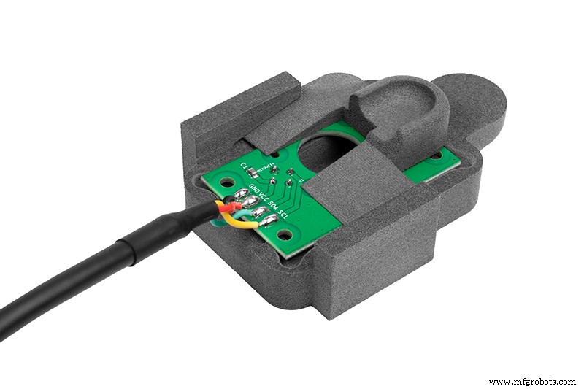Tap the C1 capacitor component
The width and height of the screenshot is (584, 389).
point(253,172)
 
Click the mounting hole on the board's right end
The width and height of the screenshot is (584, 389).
point(437,155)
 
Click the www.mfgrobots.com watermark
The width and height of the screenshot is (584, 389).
point(531,381)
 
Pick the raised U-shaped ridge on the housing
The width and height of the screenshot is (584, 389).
point(394,109)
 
